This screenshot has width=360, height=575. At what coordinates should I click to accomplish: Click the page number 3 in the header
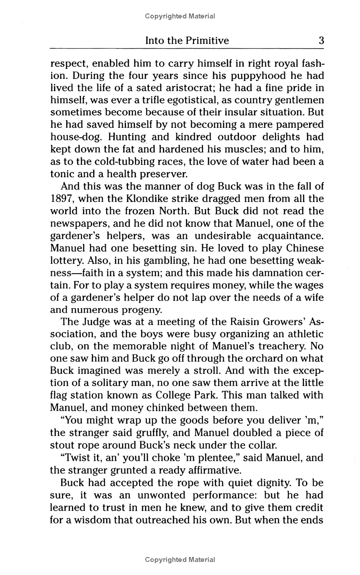tap(321, 40)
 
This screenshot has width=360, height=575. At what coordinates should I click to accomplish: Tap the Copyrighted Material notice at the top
tap(180, 16)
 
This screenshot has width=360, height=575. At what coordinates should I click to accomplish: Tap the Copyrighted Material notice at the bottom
tap(180, 560)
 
